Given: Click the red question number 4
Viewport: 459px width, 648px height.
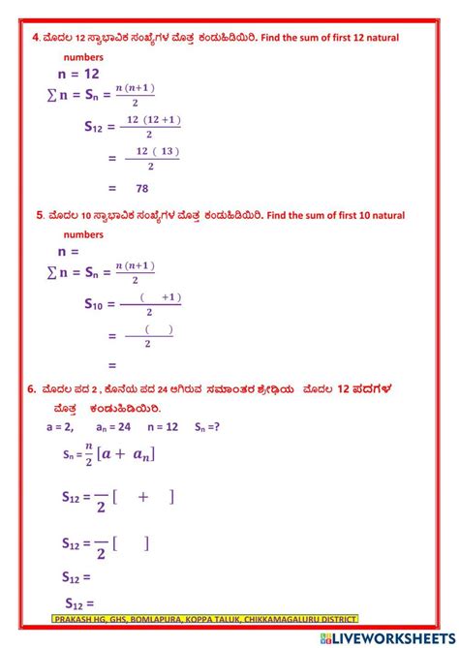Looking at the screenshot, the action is coord(35,38).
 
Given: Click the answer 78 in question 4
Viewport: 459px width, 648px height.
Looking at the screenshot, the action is coord(141,189).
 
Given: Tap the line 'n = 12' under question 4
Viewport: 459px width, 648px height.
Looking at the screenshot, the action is coord(78,74).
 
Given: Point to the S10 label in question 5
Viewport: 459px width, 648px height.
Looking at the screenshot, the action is coord(98,304).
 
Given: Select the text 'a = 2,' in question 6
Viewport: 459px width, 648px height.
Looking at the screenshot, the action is coord(60,425).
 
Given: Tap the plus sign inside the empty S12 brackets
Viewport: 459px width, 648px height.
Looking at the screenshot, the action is coord(143,497).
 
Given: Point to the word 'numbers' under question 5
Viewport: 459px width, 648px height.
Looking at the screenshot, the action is coord(83,233).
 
